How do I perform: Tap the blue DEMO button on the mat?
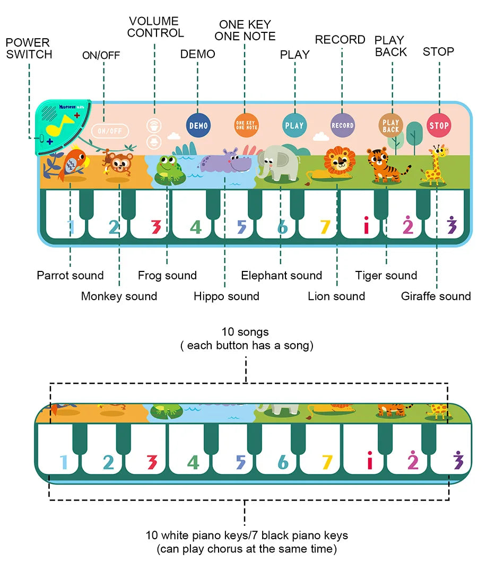coord(198,126)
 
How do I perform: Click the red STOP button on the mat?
coord(439,126)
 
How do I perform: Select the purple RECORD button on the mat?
coord(342,126)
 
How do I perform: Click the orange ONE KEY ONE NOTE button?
coord(246,125)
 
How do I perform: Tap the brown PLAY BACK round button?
coord(390,126)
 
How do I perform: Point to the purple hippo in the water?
coord(227,162)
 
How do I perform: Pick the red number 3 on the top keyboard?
coord(155,227)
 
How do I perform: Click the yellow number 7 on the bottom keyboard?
coord(326,462)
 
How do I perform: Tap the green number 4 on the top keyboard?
coord(196,227)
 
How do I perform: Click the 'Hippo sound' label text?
coord(226,296)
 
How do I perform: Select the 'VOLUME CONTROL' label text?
coord(155,27)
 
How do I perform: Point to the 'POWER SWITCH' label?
coord(29,48)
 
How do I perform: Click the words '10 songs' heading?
coord(245,332)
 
